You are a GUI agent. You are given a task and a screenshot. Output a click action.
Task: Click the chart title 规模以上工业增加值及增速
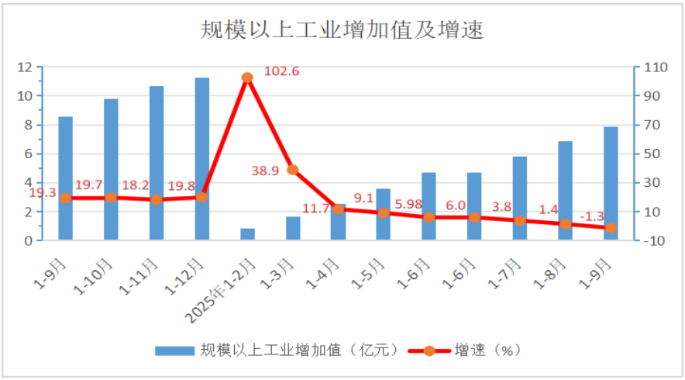click(342, 29)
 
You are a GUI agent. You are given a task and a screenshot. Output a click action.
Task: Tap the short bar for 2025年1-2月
click(247, 234)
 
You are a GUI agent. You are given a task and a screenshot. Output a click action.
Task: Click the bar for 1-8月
click(566, 191)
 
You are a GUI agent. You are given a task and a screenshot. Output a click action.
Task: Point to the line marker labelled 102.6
click(247, 78)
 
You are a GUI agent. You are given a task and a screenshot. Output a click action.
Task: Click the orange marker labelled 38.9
click(293, 170)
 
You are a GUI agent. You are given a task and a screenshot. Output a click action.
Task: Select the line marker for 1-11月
click(157, 199)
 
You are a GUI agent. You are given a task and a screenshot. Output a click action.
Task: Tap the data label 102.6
click(282, 71)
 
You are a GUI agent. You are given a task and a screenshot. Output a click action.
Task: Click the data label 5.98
click(408, 205)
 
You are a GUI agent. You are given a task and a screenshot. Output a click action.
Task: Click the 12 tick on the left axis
click(26, 67)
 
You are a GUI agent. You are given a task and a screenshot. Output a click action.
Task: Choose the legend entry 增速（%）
click(473, 351)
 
